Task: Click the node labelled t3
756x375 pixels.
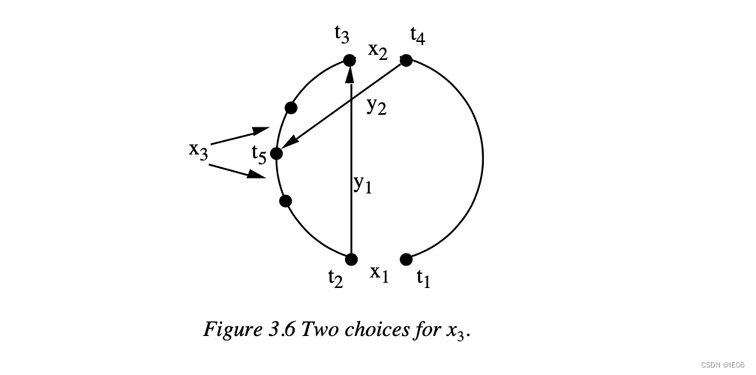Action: (349, 60)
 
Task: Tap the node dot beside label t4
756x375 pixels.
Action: (406, 60)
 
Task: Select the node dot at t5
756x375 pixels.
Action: (276, 154)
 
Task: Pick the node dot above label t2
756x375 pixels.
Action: (351, 259)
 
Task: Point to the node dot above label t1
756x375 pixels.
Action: (406, 259)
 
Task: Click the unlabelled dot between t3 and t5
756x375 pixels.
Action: (291, 108)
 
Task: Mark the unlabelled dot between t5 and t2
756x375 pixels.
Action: (285, 200)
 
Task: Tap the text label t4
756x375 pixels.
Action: (418, 34)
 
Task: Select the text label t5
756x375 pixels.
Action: (259, 155)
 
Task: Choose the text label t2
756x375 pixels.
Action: (335, 278)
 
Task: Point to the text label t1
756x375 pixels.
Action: (424, 279)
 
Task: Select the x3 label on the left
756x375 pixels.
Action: (198, 149)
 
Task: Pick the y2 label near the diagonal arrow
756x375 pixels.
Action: (376, 106)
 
